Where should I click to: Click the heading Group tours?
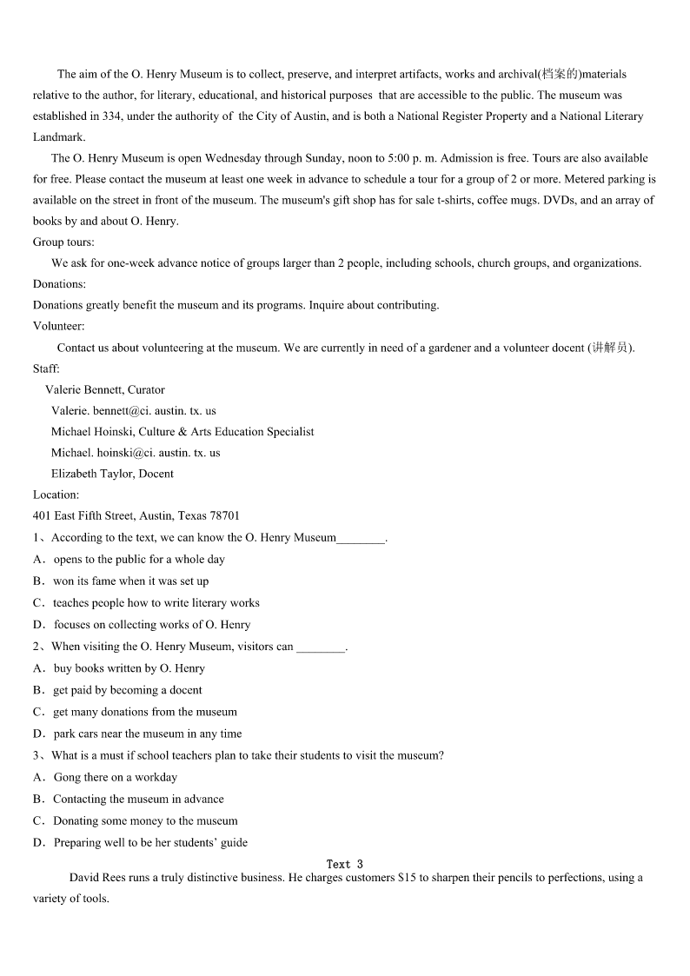click(63, 242)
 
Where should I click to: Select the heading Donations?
click(59, 284)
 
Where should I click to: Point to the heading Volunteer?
click(59, 327)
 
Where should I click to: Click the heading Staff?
click(46, 368)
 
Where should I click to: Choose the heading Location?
click(56, 495)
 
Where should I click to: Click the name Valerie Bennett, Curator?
click(105, 389)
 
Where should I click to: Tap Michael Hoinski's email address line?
click(136, 453)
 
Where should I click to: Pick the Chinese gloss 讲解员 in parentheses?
click(609, 348)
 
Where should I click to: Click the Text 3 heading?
click(344, 864)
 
